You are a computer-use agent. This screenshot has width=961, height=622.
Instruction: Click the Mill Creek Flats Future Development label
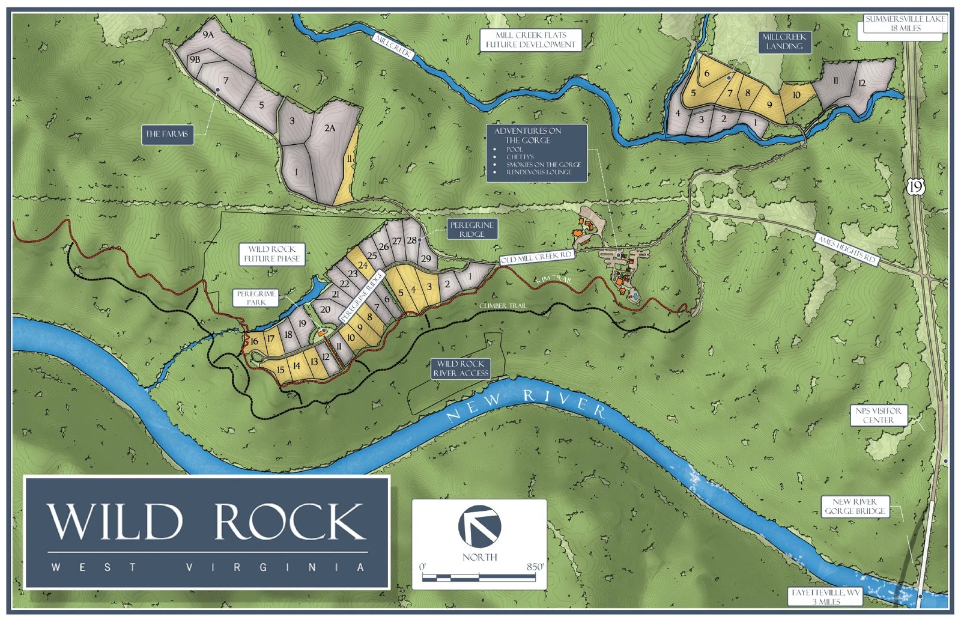pos(530,40)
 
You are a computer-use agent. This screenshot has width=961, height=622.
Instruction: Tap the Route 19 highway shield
pos(915,187)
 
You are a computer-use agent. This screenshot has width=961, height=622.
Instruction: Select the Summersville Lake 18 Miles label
pos(904,24)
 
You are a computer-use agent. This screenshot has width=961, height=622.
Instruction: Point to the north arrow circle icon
pos(479,526)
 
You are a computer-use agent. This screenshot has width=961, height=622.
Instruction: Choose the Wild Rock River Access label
pos(461,368)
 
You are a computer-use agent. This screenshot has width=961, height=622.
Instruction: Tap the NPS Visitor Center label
pos(878,415)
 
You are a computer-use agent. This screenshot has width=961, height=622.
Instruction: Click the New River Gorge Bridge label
pos(855,506)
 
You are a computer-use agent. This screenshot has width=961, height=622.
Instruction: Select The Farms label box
pos(167,134)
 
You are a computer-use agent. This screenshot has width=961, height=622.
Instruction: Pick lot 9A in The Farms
pos(208,35)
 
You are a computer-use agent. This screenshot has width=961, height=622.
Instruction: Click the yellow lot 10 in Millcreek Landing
pos(796,95)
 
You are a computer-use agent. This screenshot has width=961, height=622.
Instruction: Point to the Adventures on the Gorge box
pos(536,152)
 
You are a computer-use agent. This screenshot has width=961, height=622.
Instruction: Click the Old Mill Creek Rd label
pos(536,257)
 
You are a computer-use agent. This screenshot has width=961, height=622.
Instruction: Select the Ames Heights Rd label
pos(847,249)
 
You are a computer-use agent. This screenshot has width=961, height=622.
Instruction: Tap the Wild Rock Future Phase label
pos(272,254)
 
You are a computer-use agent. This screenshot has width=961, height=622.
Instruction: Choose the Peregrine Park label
pos(256,298)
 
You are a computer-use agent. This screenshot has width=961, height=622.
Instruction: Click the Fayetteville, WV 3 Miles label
pos(825,596)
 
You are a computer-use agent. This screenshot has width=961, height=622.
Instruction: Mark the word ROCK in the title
pos(290,521)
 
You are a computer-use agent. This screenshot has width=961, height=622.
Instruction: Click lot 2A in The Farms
pos(330,128)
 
